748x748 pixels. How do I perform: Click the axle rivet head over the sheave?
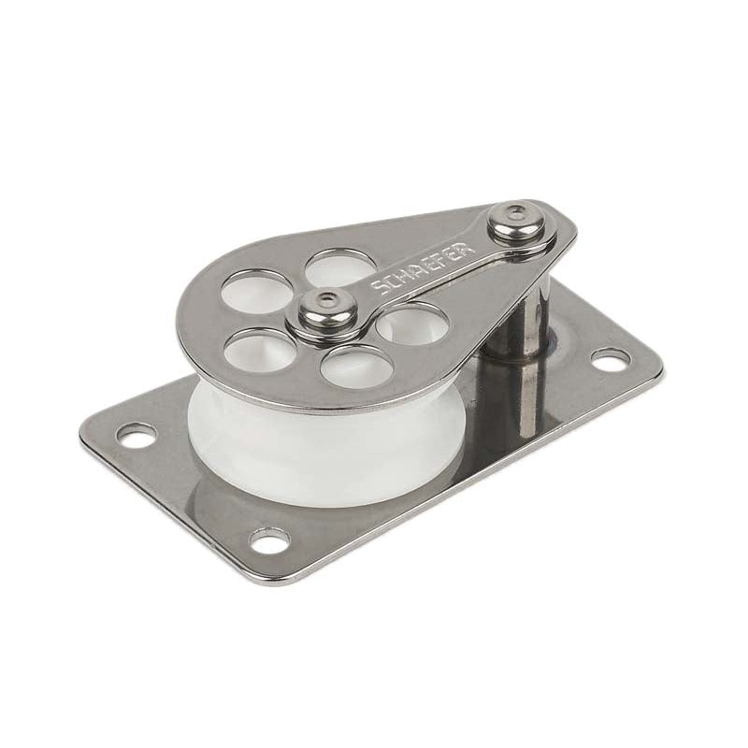322,304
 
